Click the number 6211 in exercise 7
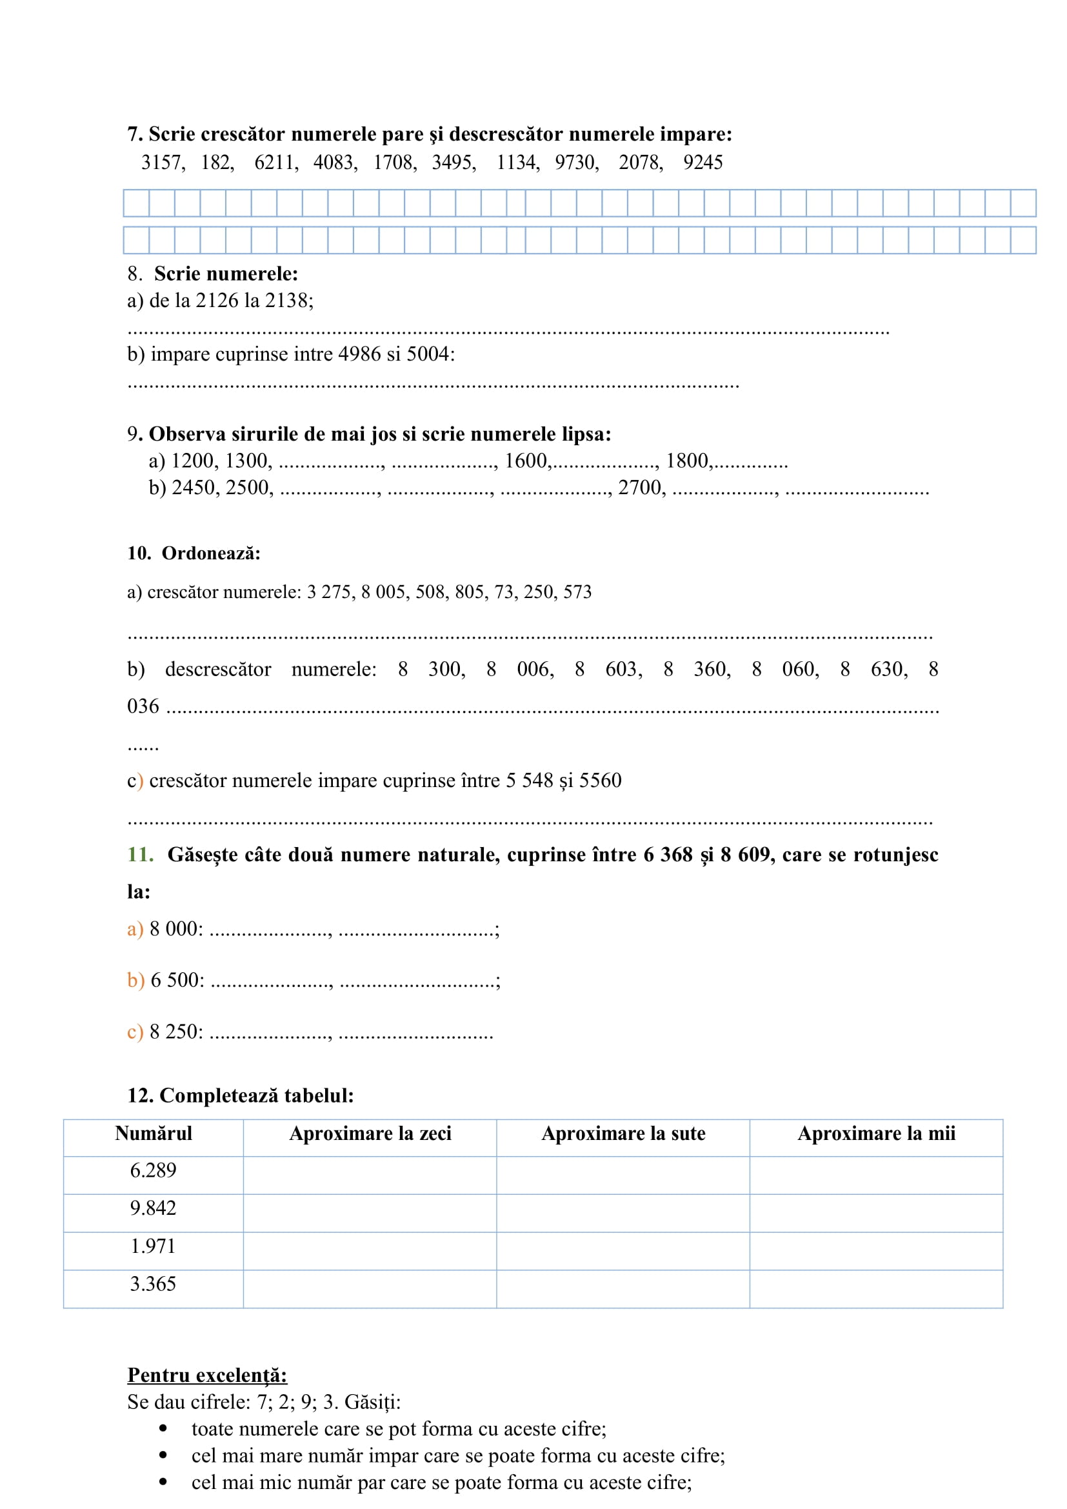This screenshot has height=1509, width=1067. click(x=275, y=163)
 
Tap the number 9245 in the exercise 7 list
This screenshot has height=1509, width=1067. click(x=703, y=163)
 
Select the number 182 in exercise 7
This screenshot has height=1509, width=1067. click(x=216, y=163)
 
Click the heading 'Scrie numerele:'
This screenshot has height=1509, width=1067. click(x=226, y=274)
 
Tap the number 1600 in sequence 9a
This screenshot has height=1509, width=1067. click(x=526, y=461)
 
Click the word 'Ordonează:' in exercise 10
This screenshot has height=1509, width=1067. click(x=211, y=554)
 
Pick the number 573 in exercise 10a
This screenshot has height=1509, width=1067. click(x=577, y=592)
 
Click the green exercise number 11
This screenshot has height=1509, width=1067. click(x=140, y=854)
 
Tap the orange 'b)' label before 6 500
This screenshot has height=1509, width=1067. click(x=135, y=980)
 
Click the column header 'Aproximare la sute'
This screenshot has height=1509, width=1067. click(x=623, y=1133)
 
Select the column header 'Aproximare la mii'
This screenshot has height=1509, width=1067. click(x=876, y=1133)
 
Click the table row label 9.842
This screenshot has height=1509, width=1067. click(x=153, y=1208)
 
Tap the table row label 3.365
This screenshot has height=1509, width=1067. click(x=153, y=1284)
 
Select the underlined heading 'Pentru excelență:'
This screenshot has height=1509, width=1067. click(x=207, y=1375)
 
